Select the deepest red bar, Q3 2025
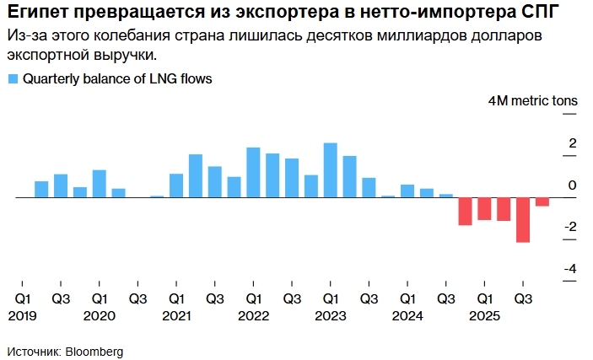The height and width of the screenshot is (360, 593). [523, 220]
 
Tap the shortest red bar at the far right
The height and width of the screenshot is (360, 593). [542, 201]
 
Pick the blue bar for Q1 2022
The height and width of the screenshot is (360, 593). [253, 173]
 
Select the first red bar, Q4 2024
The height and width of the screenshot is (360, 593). [465, 212]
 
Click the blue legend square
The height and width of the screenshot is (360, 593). [13, 79]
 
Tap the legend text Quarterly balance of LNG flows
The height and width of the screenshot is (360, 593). [117, 79]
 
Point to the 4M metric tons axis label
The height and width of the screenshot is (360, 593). [533, 100]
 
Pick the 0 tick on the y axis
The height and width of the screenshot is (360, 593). [573, 185]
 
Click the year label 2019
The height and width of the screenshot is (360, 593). [23, 315]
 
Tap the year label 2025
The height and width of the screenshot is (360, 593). [485, 315]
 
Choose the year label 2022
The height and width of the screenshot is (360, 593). [253, 315]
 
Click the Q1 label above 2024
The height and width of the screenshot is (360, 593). [407, 298]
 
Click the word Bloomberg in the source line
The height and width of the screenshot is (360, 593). [94, 350]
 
